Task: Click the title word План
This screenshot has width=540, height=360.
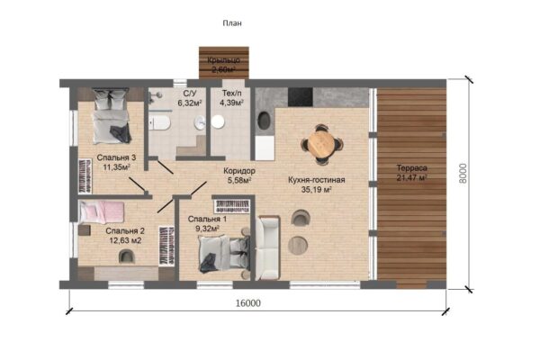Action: [x=232, y=23]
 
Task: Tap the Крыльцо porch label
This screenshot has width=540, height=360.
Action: [x=223, y=60]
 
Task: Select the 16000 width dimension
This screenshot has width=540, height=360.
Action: [x=248, y=303]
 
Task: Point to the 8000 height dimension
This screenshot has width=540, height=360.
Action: [x=463, y=174]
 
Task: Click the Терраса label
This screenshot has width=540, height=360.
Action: [x=412, y=168]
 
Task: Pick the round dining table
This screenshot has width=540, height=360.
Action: [x=321, y=144]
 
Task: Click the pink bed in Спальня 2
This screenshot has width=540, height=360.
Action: [x=101, y=212]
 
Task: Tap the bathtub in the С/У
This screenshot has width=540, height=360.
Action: [x=159, y=122]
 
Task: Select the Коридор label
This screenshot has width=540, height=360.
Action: [x=239, y=171]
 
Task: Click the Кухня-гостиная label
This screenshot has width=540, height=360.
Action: [x=317, y=180]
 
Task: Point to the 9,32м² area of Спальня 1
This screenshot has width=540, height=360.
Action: [x=208, y=229]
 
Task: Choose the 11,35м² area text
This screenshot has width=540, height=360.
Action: [x=117, y=167]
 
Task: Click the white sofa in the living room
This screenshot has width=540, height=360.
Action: [x=267, y=248]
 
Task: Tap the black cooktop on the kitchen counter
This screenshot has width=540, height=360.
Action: [x=301, y=97]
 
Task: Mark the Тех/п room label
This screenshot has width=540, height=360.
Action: [x=231, y=93]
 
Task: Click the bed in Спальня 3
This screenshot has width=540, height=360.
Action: [x=112, y=116]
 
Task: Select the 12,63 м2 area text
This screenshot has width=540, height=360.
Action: [x=125, y=240]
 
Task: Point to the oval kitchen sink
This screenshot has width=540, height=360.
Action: [x=264, y=121]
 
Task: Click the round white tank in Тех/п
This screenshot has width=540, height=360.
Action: [x=218, y=122]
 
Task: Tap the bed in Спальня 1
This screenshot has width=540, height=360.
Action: [x=224, y=253]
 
